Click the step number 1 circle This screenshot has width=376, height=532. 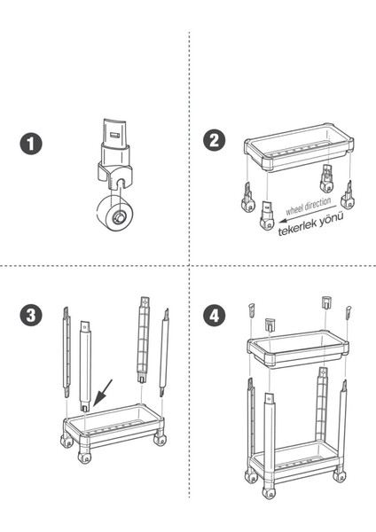(31, 143)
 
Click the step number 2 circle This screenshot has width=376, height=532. (214, 140)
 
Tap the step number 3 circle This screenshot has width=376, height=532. (31, 315)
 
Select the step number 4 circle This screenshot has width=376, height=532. (214, 315)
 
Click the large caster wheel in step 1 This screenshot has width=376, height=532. (114, 213)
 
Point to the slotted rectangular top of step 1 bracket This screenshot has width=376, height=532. (115, 132)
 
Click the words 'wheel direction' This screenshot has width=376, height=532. (308, 207)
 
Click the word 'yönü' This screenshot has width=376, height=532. (332, 219)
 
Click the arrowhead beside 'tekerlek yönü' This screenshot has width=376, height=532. (282, 222)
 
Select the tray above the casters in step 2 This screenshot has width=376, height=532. (299, 148)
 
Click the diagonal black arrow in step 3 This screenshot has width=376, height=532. (103, 393)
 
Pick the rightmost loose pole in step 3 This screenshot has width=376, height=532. (165, 353)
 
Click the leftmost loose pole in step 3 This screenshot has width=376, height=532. (67, 352)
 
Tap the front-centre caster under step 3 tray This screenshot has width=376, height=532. (84, 457)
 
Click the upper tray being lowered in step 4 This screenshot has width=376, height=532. (298, 349)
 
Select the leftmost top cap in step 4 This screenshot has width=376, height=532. (252, 309)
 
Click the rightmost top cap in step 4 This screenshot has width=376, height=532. (349, 312)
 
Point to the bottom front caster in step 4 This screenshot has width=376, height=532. (269, 492)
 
